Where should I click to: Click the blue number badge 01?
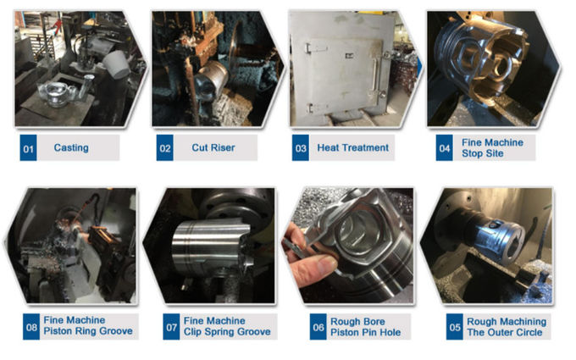pyautogui.click(x=28, y=147)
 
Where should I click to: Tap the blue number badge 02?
pyautogui.click(x=165, y=147)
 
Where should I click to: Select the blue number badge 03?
pyautogui.click(x=301, y=147)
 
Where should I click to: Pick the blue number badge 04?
pyautogui.click(x=445, y=147)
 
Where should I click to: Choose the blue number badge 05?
pyautogui.click(x=455, y=327)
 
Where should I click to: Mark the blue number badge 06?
pyautogui.click(x=318, y=327)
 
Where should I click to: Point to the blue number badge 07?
pyautogui.click(x=172, y=327)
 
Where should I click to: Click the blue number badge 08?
pyautogui.click(x=31, y=327)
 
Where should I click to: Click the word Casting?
pyautogui.click(x=71, y=147)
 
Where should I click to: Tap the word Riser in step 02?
pyautogui.click(x=224, y=147)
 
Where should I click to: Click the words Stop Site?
pyautogui.click(x=483, y=153)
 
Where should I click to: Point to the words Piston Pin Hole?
pyautogui.click(x=366, y=332)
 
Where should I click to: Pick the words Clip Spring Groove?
pyautogui.click(x=227, y=332)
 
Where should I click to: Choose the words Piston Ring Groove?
pyautogui.click(x=88, y=331)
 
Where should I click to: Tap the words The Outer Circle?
pyautogui.click(x=505, y=332)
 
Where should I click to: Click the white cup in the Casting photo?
pyautogui.click(x=116, y=64)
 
